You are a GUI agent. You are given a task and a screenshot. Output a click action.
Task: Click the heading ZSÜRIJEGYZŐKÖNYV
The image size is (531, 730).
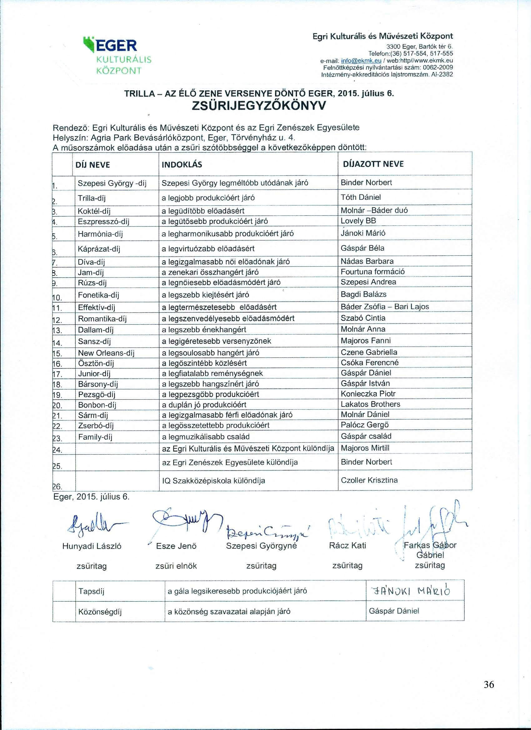(259, 105)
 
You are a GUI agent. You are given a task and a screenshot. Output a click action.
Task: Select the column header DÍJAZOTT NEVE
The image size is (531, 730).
(374, 164)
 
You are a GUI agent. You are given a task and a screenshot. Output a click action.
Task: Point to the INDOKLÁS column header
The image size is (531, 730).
(181, 165)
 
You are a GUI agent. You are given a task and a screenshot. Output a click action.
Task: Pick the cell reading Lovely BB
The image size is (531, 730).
(358, 221)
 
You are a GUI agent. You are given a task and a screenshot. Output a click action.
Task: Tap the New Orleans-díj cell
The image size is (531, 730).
(106, 353)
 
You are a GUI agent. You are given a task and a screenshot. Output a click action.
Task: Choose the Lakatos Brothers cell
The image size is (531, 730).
(370, 404)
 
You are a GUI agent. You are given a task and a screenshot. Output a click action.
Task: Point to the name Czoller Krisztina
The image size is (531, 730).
(369, 480)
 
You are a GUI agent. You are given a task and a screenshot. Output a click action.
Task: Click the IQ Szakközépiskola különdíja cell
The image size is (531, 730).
(213, 481)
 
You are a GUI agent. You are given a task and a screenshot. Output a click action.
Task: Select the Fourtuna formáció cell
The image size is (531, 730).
(373, 272)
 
